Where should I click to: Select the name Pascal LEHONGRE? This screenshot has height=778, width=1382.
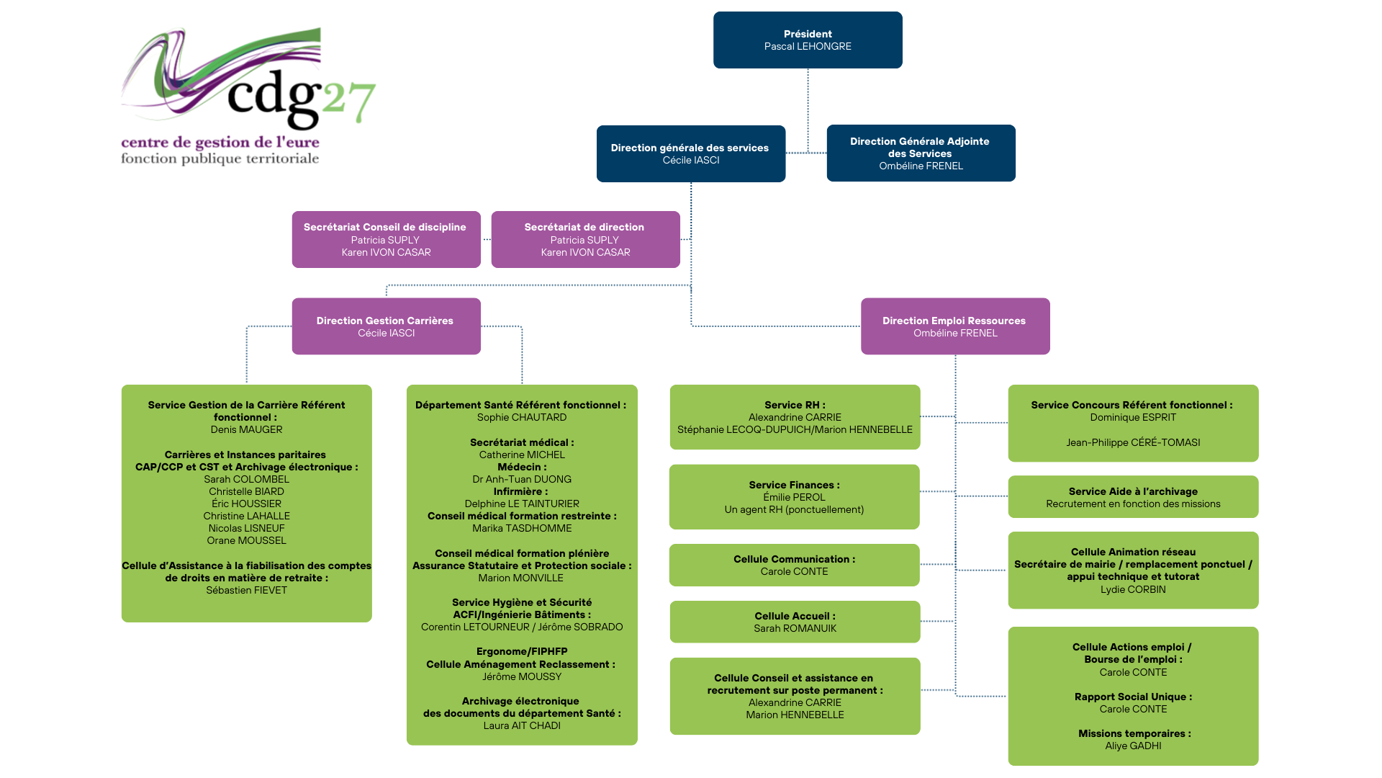coord(808,46)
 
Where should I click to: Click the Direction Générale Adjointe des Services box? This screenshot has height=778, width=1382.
coord(921,153)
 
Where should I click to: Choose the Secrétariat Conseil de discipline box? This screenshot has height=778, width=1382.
coord(386,239)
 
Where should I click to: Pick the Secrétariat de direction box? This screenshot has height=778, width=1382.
coord(585,239)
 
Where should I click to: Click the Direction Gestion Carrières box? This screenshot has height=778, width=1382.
coord(386,326)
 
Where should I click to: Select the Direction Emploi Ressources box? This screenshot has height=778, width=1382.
coord(955,326)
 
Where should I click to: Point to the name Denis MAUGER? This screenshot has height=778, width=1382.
coord(246,429)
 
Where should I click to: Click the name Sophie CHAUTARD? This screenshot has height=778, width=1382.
coord(522,417)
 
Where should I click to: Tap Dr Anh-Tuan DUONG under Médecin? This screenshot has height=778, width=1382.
coord(522,479)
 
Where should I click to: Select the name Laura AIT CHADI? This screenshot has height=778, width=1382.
coord(522,725)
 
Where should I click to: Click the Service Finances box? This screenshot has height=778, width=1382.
coord(794,497)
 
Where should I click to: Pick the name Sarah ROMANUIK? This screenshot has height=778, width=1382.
coord(795,628)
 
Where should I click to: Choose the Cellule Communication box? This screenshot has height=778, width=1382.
coord(794,565)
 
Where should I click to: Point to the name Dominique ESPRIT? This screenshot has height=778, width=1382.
coord(1133,417)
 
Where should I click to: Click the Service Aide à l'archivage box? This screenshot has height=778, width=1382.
coord(1133,497)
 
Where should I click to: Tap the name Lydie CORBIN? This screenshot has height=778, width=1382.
coord(1133,589)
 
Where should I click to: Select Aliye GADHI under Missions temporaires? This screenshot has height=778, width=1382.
coord(1133,746)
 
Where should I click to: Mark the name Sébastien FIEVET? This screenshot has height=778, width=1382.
coord(246,590)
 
